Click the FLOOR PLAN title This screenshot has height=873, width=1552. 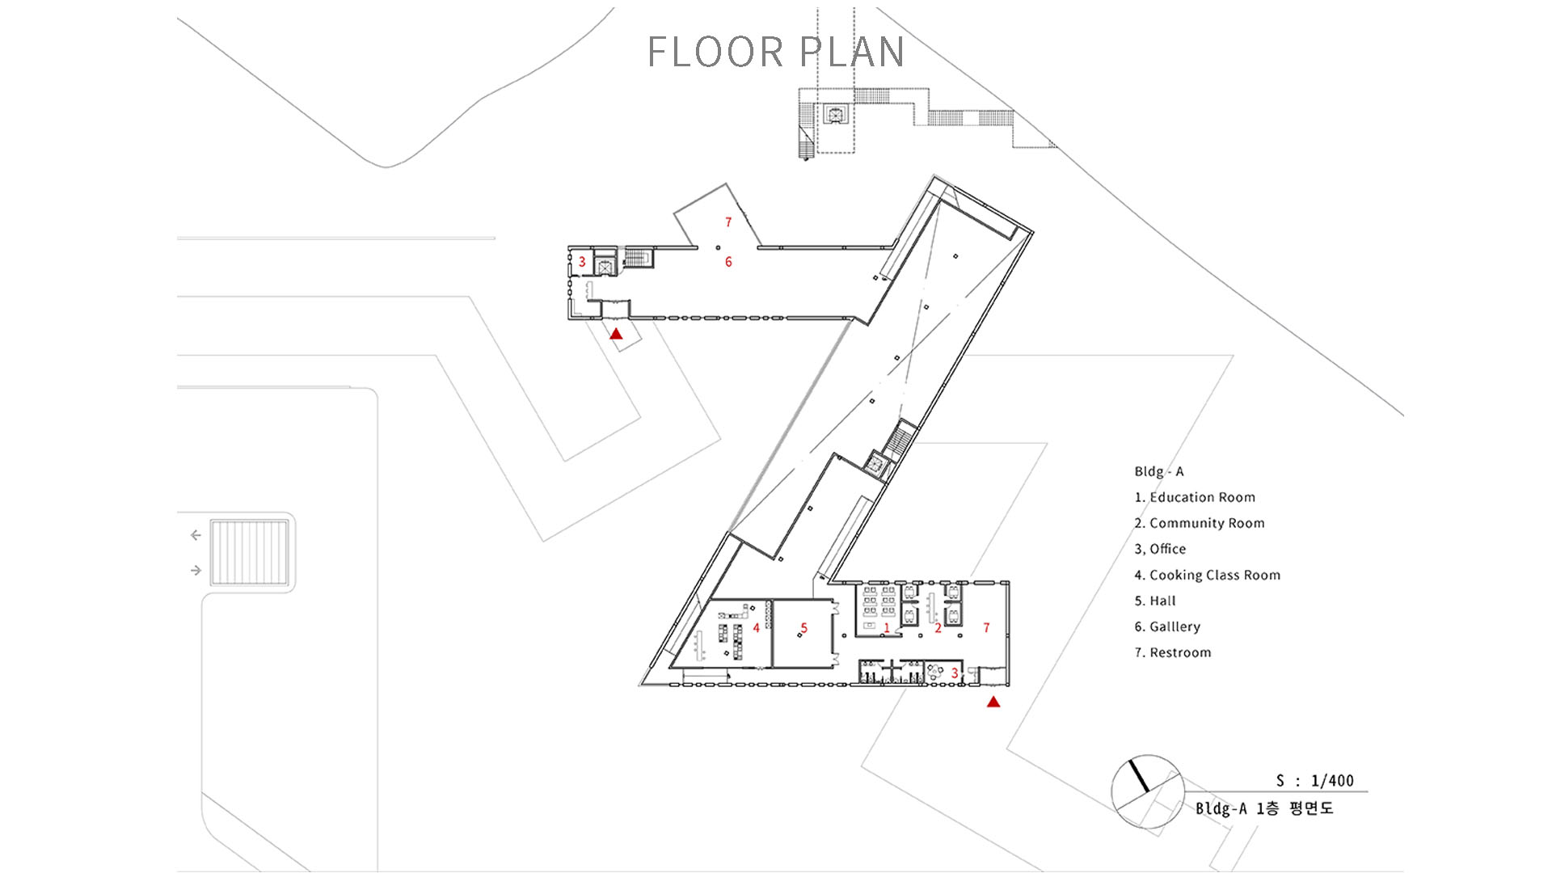pyautogui.click(x=775, y=52)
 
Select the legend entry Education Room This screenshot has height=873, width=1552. pyautogui.click(x=1195, y=497)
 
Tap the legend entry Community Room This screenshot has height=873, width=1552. pyautogui.click(x=1200, y=523)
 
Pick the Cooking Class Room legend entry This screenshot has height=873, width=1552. pyautogui.click(x=1208, y=575)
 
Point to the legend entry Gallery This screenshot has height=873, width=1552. pyautogui.click(x=1167, y=626)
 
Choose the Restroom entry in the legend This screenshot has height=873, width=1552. pyautogui.click(x=1173, y=652)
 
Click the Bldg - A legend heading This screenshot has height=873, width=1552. pyautogui.click(x=1159, y=471)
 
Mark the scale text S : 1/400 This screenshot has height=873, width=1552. pyautogui.click(x=1315, y=781)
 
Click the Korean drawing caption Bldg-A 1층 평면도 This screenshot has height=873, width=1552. pyautogui.click(x=1264, y=808)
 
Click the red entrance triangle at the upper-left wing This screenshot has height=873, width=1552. pyautogui.click(x=616, y=333)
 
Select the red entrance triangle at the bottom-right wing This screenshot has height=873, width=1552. pyautogui.click(x=993, y=702)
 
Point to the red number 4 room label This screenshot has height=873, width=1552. pyautogui.click(x=756, y=628)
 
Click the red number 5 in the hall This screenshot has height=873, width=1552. pyautogui.click(x=803, y=628)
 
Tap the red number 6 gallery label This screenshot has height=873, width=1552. pyautogui.click(x=728, y=262)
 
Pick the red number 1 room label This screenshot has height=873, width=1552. pyautogui.click(x=887, y=628)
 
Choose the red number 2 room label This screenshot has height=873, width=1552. pyautogui.click(x=938, y=628)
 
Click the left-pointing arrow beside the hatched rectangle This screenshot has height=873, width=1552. pyautogui.click(x=196, y=535)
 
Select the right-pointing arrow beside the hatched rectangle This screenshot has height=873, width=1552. pyautogui.click(x=196, y=571)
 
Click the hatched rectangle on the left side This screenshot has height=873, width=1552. pyautogui.click(x=249, y=552)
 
